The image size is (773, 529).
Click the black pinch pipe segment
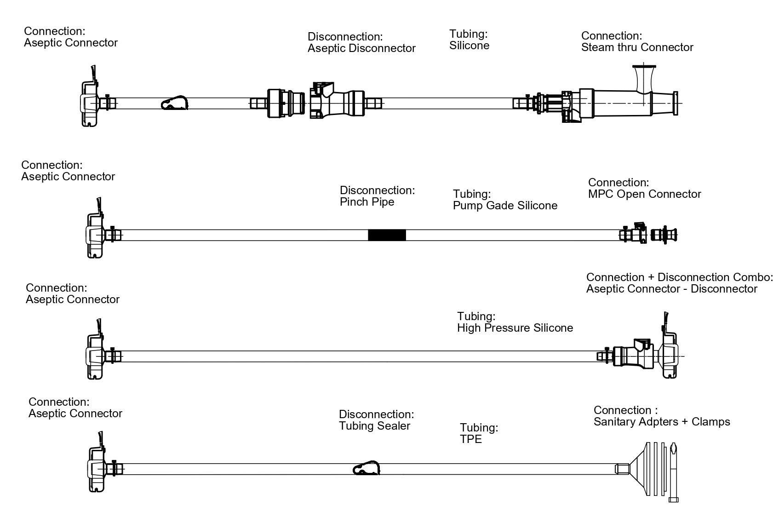(387, 235)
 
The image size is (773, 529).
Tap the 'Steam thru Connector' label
(637, 47)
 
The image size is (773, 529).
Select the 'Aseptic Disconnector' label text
(361, 48)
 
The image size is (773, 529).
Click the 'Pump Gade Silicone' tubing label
(505, 206)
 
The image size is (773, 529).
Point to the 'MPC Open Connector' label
(644, 194)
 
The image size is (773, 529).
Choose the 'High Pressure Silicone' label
(515, 328)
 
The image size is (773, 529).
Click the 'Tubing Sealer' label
(374, 426)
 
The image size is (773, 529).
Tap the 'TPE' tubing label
(471, 439)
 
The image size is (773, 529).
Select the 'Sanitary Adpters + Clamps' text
(662, 422)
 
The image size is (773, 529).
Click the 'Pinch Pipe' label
(367, 202)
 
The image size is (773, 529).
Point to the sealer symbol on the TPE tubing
(366, 468)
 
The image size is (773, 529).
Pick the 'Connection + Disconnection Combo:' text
(679, 277)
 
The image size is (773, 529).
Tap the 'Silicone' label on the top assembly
(469, 46)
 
